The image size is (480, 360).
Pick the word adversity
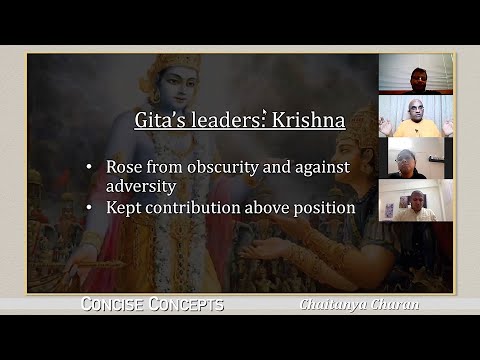click(141, 186)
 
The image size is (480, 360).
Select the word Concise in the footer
click(117, 305)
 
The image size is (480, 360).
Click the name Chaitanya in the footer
click(337, 305)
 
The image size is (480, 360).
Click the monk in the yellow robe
click(416, 118)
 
